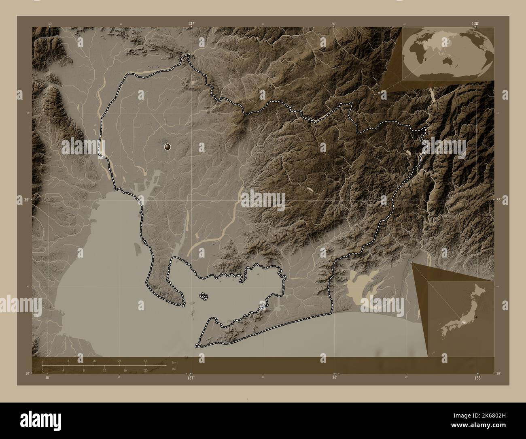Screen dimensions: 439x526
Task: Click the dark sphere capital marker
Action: tap(168, 147)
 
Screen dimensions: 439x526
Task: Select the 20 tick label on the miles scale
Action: tap(145, 371)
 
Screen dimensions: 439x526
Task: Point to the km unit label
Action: tap(174, 362)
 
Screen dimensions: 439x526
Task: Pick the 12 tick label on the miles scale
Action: tap(104, 371)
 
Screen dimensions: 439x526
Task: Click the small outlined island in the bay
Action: tap(204, 297)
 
